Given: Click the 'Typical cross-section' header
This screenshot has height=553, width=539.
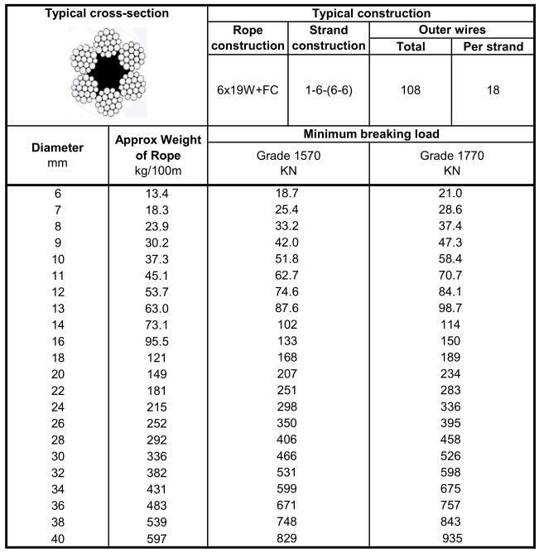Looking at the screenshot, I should pyautogui.click(x=106, y=14).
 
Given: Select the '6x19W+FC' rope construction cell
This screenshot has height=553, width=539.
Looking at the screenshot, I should pyautogui.click(x=248, y=89).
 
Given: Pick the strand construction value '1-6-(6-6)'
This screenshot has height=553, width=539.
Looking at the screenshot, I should pyautogui.click(x=329, y=89).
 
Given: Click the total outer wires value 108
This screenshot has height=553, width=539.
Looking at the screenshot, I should pyautogui.click(x=411, y=89).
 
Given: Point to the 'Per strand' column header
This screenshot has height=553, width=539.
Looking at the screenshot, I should pyautogui.click(x=493, y=46).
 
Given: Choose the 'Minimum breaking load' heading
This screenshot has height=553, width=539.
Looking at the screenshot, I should pyautogui.click(x=370, y=134).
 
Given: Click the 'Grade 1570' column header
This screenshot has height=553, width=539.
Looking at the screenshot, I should pyautogui.click(x=288, y=163).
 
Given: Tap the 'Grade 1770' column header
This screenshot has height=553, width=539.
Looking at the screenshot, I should pyautogui.click(x=451, y=163).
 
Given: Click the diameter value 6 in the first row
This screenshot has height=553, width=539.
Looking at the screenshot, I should pyautogui.click(x=57, y=194).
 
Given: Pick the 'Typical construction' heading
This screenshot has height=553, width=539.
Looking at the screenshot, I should pyautogui.click(x=370, y=14).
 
